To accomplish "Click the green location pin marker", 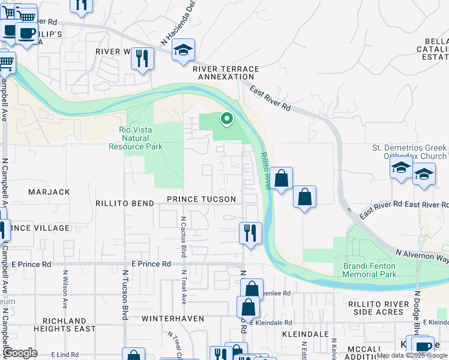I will pyautogui.click(x=226, y=119).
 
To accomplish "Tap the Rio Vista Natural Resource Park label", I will pyautogui.click(x=136, y=138).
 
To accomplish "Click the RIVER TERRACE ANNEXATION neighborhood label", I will pyautogui.click(x=226, y=73).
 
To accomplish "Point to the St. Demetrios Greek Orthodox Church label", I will pyautogui.click(x=409, y=152).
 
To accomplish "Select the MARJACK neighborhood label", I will pyautogui.click(x=49, y=192).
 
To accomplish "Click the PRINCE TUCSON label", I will pyautogui.click(x=201, y=199).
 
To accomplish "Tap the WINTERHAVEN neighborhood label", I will pyautogui.click(x=173, y=318).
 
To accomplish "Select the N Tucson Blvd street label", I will pyautogui.click(x=126, y=294).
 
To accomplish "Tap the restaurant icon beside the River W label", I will pyautogui.click(x=142, y=58).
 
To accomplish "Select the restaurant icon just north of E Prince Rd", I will pyautogui.click(x=250, y=232).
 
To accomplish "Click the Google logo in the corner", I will pyautogui.click(x=20, y=353).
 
